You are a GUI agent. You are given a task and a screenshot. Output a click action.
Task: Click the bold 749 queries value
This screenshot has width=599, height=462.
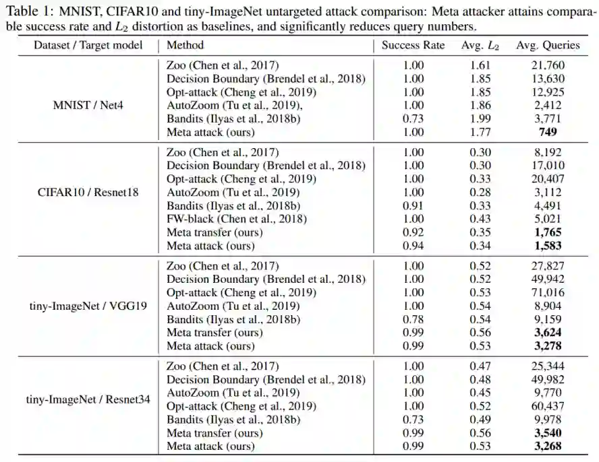[548, 132]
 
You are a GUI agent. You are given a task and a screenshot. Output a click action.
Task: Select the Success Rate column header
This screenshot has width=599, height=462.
[413, 45]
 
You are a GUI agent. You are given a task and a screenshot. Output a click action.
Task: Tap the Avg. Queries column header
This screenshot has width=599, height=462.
[548, 45]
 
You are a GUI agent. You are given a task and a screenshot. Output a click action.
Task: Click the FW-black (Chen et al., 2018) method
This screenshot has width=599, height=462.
[236, 218]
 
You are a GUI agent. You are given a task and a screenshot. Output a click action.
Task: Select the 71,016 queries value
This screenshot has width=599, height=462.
[548, 292]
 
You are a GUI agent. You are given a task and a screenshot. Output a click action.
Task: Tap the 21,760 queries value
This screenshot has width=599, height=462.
[548, 65]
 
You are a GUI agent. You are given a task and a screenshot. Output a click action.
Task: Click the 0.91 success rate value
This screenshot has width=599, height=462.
[413, 205]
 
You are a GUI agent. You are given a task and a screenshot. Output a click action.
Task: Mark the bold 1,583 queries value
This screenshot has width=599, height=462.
[548, 245]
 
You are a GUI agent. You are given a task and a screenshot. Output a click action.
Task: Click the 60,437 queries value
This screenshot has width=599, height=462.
[548, 406]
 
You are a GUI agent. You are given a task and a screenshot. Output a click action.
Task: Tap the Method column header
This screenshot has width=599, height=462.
[185, 45]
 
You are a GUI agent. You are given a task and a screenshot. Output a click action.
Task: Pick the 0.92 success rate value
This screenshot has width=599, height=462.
[413, 232]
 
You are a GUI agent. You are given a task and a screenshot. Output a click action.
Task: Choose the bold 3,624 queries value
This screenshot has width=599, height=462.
[548, 332]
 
